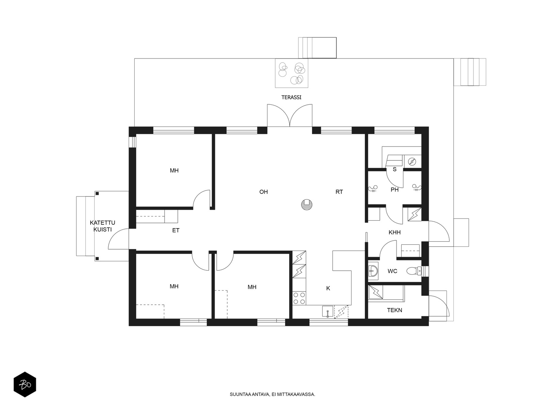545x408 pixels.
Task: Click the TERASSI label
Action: point(291,97)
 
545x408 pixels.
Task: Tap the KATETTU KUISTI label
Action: point(102,226)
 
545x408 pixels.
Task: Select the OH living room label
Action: point(263,192)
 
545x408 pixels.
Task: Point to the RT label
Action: point(339,192)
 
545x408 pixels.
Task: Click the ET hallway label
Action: point(175,231)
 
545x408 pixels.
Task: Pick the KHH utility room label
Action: point(394,232)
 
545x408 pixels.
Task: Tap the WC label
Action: point(392,271)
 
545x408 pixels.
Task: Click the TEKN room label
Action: point(394,310)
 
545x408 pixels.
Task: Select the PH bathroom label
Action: point(394,190)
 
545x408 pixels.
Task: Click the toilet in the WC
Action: point(414,271)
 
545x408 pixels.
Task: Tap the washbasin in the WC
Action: point(373,271)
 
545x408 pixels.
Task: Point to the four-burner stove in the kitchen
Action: point(299,298)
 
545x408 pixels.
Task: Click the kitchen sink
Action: point(328,311)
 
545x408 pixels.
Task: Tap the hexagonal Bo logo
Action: point(25,385)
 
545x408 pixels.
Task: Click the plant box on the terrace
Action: point(292,73)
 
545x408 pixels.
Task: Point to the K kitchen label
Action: point(328,288)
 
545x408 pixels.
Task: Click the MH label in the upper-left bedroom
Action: point(174,170)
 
